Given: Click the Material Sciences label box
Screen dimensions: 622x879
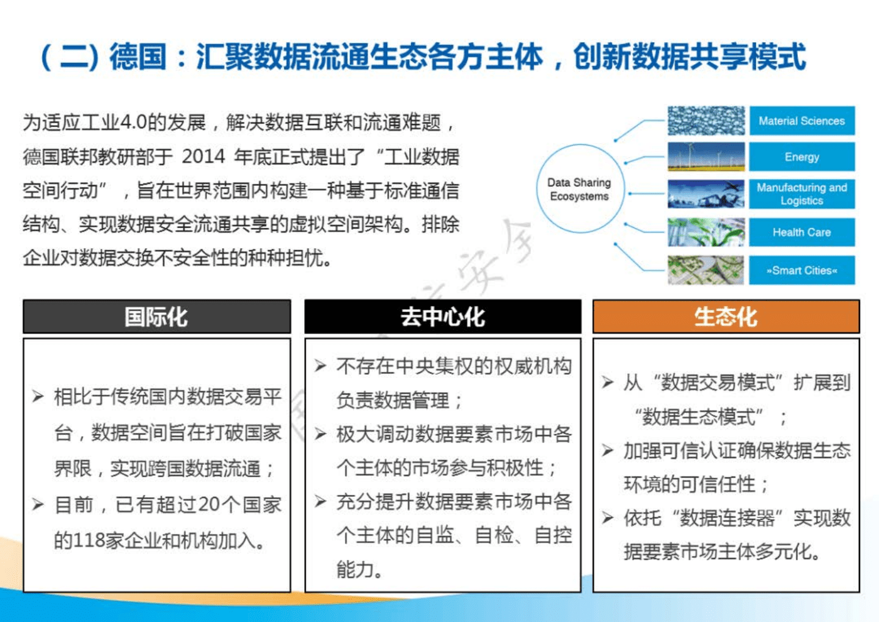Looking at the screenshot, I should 801,121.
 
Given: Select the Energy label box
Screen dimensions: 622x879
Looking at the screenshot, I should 801,157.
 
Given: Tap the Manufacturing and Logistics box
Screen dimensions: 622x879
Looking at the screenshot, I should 801,194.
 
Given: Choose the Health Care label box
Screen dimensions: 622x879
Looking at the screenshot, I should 801,232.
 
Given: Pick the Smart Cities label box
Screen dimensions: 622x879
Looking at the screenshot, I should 801,270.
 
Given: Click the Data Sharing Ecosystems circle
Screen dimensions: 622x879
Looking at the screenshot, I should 579,189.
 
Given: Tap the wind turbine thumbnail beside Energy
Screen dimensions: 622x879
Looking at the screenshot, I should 706,157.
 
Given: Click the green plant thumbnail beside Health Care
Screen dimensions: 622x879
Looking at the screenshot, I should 706,232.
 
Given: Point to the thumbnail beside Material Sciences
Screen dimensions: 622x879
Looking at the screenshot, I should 706,121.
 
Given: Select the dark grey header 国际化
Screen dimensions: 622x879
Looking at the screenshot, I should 156,316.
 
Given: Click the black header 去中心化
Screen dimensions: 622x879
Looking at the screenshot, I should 442,316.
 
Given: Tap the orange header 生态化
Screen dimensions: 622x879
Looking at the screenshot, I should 726,316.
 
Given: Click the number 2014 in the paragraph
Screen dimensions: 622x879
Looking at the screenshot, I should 203,157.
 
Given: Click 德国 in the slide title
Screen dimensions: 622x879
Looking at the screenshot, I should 137,57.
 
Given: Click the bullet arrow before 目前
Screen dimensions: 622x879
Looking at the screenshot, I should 38,505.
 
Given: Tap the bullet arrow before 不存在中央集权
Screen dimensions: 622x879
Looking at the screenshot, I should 321,366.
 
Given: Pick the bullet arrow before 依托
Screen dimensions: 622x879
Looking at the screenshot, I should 607,518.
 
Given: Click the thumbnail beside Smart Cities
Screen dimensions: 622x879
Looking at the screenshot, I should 706,270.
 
